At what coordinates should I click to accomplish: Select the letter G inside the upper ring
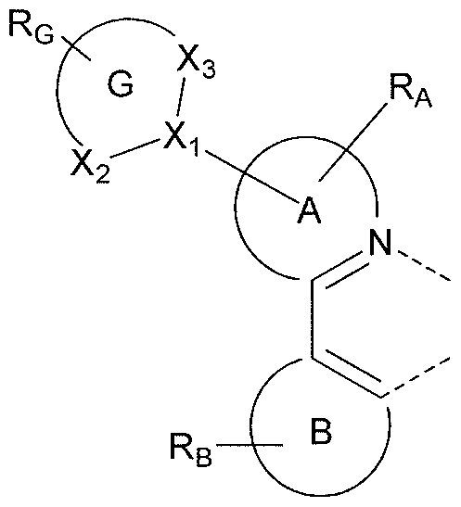click(x=120, y=85)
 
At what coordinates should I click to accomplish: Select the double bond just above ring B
click(x=348, y=376)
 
